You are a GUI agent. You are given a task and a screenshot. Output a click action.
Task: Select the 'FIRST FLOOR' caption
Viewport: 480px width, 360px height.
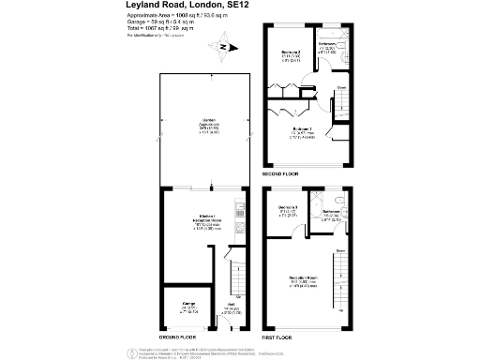pos(279,336)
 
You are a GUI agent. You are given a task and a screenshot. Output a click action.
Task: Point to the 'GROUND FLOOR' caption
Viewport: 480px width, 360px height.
pos(176,336)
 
